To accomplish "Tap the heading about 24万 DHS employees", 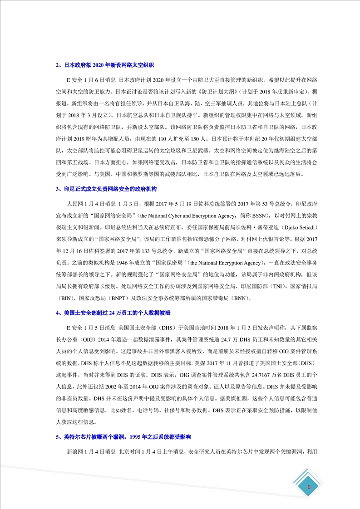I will (113, 313).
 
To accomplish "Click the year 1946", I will (119, 263).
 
